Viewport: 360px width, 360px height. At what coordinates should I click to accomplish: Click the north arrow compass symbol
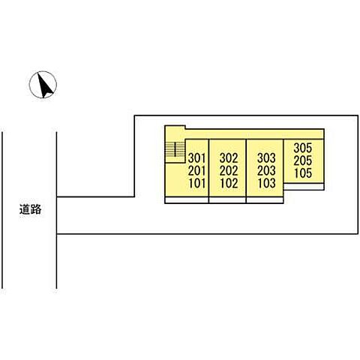point(43,85)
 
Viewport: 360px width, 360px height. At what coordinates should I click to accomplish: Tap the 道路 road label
point(30,209)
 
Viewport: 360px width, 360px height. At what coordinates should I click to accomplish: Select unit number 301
point(196,158)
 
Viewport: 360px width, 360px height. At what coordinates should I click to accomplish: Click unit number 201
point(196,171)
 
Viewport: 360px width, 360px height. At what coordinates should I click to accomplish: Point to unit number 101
point(197,184)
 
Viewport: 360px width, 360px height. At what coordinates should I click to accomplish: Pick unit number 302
point(229,158)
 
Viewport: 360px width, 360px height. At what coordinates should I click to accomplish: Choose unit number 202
point(229,171)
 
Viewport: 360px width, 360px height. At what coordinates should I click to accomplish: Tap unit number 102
point(229,184)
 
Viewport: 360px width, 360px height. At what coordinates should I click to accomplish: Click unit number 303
point(266,158)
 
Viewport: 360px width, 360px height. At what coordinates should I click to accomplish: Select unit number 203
point(266,171)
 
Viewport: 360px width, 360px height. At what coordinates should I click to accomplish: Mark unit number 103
point(267,184)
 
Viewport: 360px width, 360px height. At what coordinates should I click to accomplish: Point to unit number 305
point(303,148)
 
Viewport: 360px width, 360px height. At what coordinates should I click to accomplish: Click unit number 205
point(303,160)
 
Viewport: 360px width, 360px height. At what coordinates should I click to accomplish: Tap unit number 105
point(303,173)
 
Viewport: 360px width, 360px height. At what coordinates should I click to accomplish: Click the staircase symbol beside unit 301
point(175,150)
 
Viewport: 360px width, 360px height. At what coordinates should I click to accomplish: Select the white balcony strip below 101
point(187,200)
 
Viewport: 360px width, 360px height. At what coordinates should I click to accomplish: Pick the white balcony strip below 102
point(227,200)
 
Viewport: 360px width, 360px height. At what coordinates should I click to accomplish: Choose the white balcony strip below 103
point(265,200)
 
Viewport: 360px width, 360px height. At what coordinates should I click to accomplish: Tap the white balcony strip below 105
point(304,187)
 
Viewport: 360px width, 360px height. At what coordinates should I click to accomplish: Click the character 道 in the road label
point(25,209)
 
